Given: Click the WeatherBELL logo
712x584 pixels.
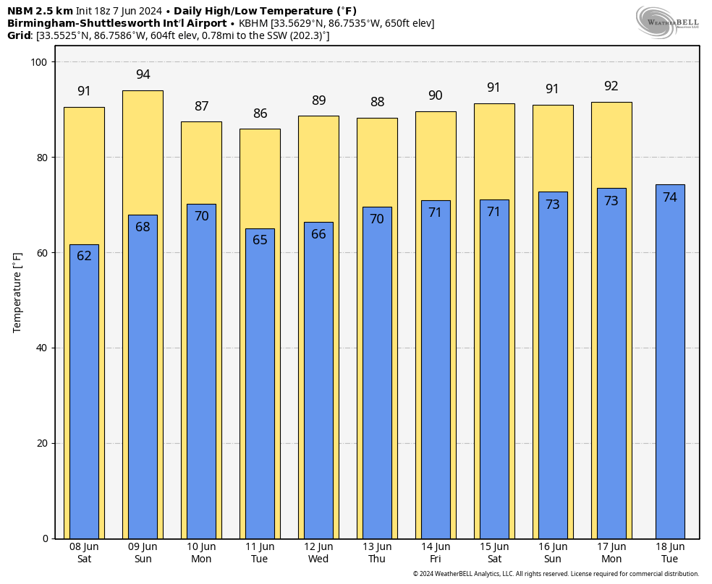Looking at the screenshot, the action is pos(667,22).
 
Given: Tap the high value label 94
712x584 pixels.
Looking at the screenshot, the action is pos(143,74).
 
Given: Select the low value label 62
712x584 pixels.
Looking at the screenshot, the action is pos(84,256).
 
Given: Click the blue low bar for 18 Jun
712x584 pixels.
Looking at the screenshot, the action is pos(670,362).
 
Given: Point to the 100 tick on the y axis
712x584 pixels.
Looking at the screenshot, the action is pos(39,62).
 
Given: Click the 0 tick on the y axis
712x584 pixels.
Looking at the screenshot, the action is pos(46,538).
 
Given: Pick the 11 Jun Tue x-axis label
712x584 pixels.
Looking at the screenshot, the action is pos(260,553).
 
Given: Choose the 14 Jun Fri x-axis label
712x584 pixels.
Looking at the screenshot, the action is pos(436,553).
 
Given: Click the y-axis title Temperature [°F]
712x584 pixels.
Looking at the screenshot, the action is pos(17,293).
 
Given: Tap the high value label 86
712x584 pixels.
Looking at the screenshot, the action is pos(260,113).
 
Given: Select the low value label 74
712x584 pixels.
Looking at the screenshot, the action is pos(670,197).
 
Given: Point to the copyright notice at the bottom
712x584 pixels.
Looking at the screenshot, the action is pos(556,574).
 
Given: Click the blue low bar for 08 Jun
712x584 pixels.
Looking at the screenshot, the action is pos(84,392).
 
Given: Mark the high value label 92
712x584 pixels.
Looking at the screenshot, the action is pos(611,86).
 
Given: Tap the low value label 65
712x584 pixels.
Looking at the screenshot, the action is pos(260,240).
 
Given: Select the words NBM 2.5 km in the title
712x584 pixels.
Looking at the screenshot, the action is pos(40,11).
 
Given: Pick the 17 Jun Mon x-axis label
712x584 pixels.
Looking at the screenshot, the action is pos(611,553).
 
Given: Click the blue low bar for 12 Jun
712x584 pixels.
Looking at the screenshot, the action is pos(319,380).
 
